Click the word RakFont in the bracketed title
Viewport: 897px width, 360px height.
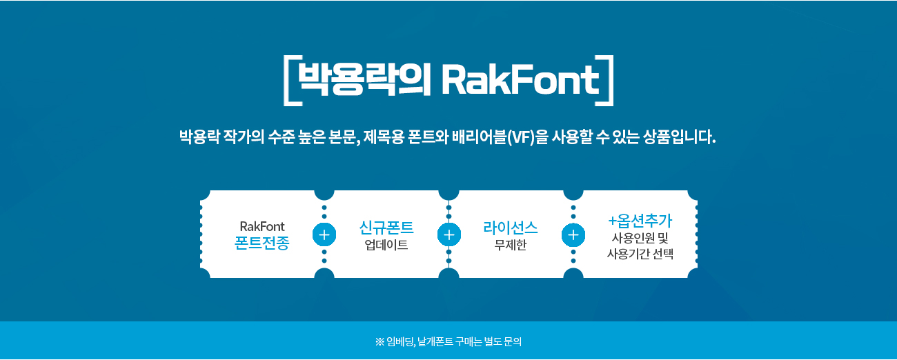(x=520, y=80)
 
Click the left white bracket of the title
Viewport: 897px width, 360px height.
(x=288, y=80)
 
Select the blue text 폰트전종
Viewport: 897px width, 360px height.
(x=262, y=243)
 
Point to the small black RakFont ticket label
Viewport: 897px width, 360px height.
(x=262, y=226)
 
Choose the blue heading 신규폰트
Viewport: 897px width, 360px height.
(x=386, y=228)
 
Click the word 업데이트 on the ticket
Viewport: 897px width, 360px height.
(x=386, y=245)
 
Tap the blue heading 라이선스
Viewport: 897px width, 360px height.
(x=511, y=228)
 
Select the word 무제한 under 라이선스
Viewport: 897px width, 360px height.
(x=511, y=245)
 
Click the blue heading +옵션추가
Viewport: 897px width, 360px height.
(x=640, y=220)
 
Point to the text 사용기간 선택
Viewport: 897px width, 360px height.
(x=640, y=254)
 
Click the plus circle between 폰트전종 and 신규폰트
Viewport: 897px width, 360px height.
(x=324, y=234)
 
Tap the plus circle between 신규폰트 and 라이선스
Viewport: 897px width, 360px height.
(x=449, y=234)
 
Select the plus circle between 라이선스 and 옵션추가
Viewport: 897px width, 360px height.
(x=573, y=234)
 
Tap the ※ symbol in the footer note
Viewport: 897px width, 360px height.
(x=379, y=341)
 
